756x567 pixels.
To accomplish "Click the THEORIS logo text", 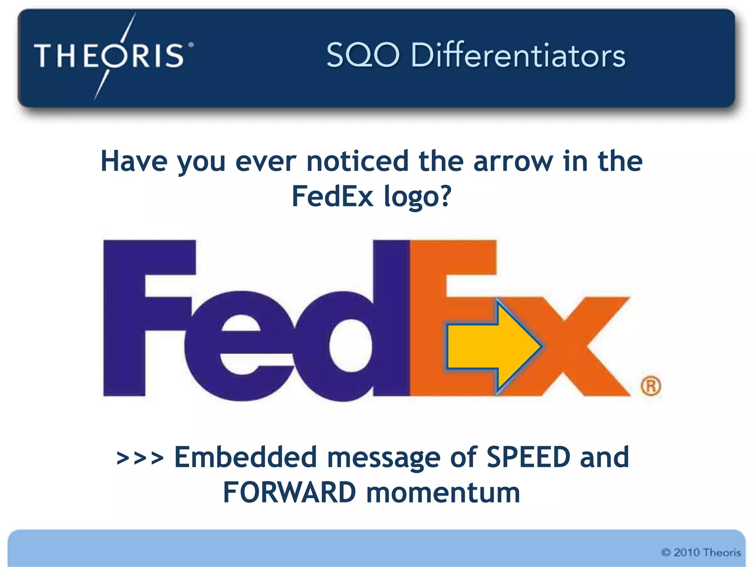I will tap(109, 55).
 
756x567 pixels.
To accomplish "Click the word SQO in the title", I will tap(363, 55).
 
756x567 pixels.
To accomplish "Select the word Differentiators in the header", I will tap(518, 55).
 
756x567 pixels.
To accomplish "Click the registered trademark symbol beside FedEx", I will tap(650, 386).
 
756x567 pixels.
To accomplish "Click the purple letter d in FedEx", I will tap(365, 332).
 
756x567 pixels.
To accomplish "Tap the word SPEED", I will tap(528, 457).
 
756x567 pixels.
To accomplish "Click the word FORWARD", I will tap(289, 492).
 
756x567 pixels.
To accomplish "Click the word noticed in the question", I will tap(357, 161).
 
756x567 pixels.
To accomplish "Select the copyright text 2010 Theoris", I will tap(701, 552).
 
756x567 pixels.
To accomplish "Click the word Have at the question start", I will tap(134, 161).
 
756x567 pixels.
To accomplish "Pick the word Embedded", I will tap(245, 457).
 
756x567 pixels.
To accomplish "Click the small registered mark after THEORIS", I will tap(191, 45).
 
